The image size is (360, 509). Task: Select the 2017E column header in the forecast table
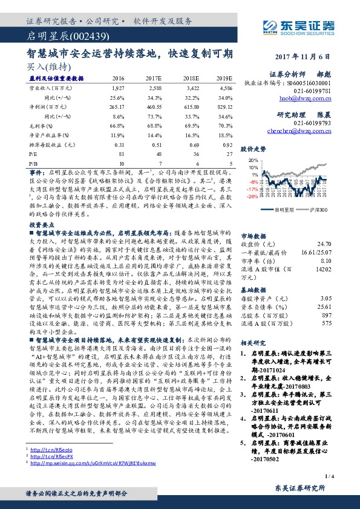point(154,79)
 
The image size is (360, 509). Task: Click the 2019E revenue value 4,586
point(224,88)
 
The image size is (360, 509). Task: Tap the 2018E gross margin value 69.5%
point(191,124)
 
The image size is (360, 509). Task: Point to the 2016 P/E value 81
point(121,154)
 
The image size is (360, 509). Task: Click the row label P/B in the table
point(34,163)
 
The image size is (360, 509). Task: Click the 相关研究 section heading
point(255,342)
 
